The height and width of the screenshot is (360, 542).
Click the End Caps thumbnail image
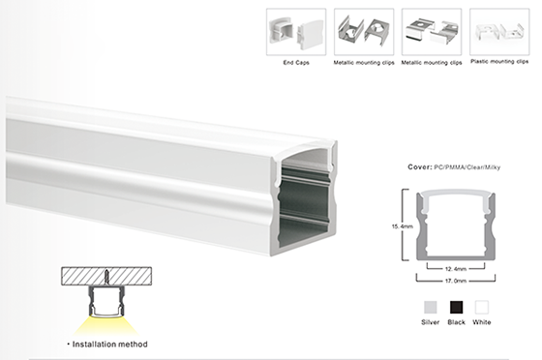296,32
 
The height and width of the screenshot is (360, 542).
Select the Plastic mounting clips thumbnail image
499,32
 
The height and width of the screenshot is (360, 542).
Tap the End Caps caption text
296,63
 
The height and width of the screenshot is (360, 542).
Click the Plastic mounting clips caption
499,62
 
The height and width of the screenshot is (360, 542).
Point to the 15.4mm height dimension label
403,226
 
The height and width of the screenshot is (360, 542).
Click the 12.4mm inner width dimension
456,269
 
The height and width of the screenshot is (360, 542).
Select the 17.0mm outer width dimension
456,281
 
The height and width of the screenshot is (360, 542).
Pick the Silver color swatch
431,307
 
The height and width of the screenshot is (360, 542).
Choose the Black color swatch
456,307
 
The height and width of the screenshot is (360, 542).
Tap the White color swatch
482,307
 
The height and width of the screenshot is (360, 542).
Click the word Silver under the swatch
431,322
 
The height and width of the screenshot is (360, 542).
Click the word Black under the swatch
456,322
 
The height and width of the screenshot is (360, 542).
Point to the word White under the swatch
482,322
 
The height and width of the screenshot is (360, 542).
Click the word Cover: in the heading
420,167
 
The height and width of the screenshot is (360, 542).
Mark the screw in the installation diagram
106,277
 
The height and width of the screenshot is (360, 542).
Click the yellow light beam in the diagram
106,325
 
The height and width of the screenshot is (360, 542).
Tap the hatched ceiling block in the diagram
106,276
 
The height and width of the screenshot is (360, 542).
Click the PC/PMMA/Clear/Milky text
467,167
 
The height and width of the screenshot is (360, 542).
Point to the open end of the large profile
304,198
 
